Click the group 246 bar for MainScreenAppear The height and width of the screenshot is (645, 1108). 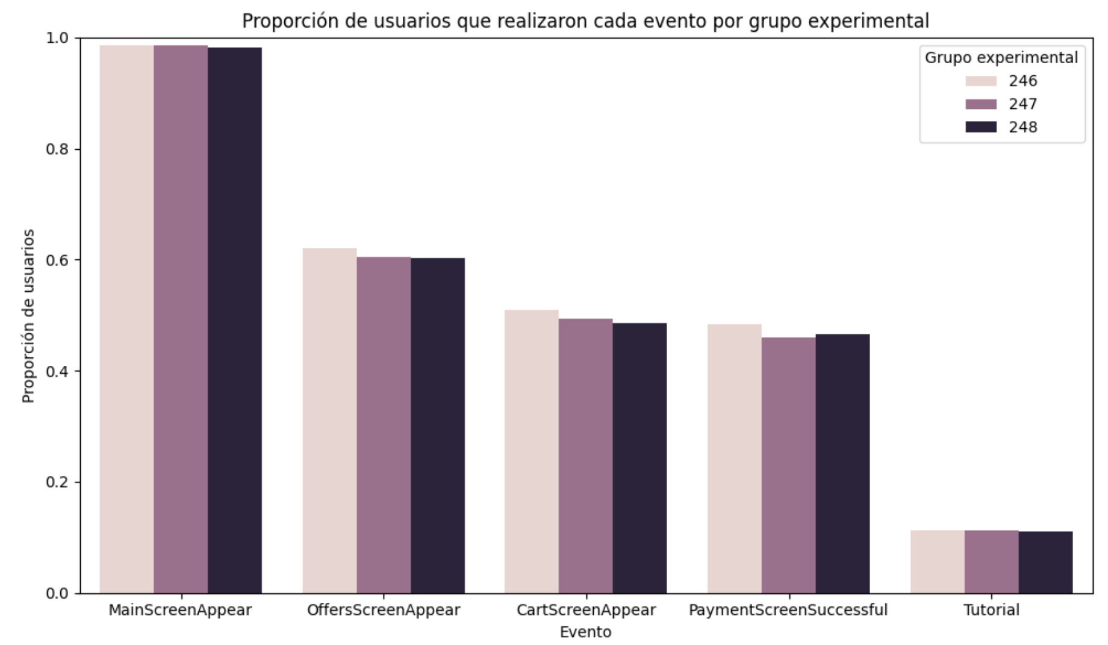126,319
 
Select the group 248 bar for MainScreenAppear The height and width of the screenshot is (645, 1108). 235,320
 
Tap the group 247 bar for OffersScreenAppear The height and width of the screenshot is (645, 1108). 384,425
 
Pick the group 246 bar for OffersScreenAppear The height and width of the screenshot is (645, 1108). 329,421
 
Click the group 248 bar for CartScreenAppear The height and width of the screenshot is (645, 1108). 640,458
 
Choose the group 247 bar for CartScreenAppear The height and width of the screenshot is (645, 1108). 585,455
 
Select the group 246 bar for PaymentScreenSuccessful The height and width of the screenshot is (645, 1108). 734,458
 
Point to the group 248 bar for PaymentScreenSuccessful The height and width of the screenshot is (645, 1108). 842,463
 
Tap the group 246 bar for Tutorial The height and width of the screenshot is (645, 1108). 937,562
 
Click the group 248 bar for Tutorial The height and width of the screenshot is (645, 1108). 1045,563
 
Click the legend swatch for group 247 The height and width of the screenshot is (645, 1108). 981,104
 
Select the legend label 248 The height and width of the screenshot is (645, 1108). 1023,127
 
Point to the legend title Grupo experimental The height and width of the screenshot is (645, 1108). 1001,58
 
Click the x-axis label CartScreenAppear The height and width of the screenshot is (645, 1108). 586,610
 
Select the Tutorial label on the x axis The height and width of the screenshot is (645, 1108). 991,610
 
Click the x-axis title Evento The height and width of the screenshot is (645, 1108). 585,632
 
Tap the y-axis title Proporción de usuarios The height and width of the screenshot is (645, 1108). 28,316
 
